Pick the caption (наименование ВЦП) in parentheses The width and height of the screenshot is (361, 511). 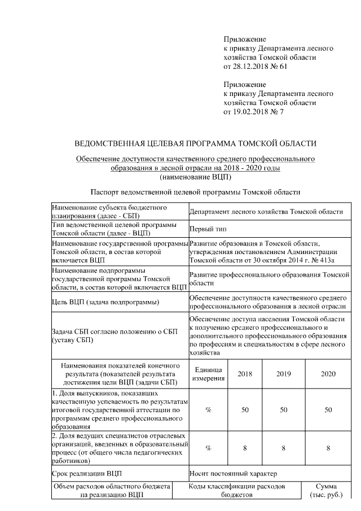coord(196,177)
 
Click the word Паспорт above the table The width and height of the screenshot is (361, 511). coord(104,192)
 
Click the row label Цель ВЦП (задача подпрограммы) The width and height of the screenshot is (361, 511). coord(105,302)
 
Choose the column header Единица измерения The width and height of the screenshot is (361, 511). coord(208,373)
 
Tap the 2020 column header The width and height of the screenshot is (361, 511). coord(328,374)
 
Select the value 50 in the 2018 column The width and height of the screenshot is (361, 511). coord(245,409)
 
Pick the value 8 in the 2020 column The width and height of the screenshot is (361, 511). coord(328,448)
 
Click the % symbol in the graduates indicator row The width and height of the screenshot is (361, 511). coord(208,409)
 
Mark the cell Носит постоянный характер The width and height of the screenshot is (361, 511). coord(233,473)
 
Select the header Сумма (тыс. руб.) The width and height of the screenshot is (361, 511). coord(327,491)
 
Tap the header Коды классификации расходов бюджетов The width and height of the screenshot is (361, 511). coord(237,491)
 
